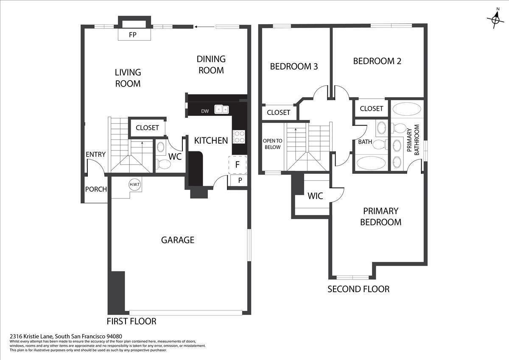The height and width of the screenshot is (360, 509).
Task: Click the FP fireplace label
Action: click(133, 35)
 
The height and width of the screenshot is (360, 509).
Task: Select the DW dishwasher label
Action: click(205, 111)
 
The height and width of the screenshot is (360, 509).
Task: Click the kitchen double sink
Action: click(221, 109)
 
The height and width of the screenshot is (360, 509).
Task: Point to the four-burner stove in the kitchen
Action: click(239, 137)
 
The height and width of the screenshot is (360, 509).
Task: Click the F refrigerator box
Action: click(238, 165)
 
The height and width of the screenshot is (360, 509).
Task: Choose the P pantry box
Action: click(240, 181)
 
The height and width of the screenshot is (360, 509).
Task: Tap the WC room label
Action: click(175, 156)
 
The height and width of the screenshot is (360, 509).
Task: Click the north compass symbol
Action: click(495, 19)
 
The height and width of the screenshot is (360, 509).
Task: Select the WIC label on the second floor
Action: click(315, 196)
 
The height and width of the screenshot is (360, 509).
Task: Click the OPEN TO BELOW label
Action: click(272, 144)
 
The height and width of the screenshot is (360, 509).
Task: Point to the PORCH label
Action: click(96, 189)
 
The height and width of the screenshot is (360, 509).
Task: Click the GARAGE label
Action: click(177, 240)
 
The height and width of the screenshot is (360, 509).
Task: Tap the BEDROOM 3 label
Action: click(294, 67)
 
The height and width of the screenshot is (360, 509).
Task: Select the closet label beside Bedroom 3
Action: click(278, 112)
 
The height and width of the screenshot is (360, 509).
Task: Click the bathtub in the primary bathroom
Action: click(407, 109)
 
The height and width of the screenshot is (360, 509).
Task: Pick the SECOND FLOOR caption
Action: click(358, 289)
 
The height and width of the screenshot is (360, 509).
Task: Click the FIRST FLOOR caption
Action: click(131, 321)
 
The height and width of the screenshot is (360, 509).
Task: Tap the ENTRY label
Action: click(95, 154)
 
